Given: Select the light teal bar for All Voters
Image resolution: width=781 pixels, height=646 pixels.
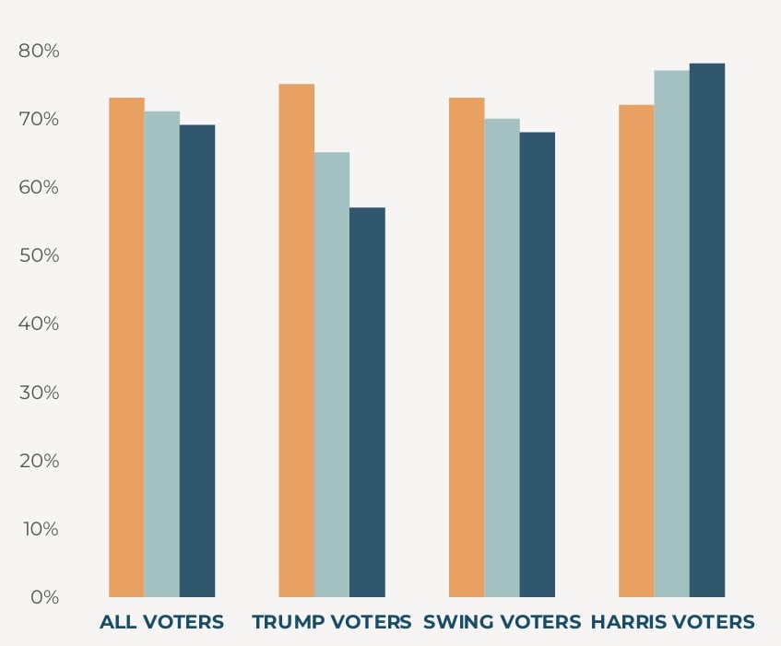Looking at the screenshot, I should (x=161, y=354).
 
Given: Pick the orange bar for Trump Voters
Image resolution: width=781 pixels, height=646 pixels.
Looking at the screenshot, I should (x=296, y=340).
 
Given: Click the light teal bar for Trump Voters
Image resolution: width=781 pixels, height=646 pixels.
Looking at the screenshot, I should (x=332, y=374).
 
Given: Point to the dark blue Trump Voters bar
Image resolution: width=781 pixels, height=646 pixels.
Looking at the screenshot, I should (x=367, y=402).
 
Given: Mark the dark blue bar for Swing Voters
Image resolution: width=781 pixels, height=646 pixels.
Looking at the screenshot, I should (x=538, y=364).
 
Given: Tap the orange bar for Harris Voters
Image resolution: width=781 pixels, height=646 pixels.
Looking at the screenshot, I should (x=636, y=350).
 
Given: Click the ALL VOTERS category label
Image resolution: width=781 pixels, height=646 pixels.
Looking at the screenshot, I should (x=161, y=622).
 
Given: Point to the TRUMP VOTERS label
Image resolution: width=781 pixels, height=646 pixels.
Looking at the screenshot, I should (x=332, y=622).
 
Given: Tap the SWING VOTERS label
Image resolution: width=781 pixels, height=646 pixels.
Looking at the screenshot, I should (x=502, y=622).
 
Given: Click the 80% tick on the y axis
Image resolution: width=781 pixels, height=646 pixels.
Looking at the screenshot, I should (x=39, y=51).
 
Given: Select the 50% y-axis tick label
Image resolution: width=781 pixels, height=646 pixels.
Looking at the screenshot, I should (x=39, y=255).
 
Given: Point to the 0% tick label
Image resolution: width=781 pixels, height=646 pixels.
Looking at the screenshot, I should (x=43, y=597).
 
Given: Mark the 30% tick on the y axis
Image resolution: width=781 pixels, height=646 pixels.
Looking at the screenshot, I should (x=39, y=393).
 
